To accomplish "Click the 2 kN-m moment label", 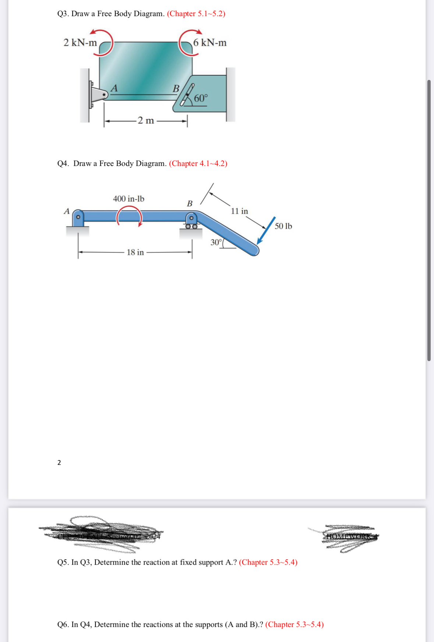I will (80, 43).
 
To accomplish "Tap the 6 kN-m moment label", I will (210, 43).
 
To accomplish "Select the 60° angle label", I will (201, 98).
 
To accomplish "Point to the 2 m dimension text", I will (146, 120).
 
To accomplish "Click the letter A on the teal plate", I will (114, 88).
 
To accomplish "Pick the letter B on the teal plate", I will (176, 89).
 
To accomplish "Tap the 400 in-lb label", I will (128, 199).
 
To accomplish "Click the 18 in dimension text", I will (135, 252).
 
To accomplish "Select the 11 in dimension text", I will (239, 211).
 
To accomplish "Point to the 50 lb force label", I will (283, 226).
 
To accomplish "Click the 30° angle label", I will (216, 242).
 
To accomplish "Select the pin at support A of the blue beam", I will (78, 217).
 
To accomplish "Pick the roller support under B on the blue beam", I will (191, 226).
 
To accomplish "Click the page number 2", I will (59, 463).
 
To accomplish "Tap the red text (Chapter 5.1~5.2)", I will (196, 14).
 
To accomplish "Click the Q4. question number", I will (63, 163).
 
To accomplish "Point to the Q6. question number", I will (63, 625).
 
